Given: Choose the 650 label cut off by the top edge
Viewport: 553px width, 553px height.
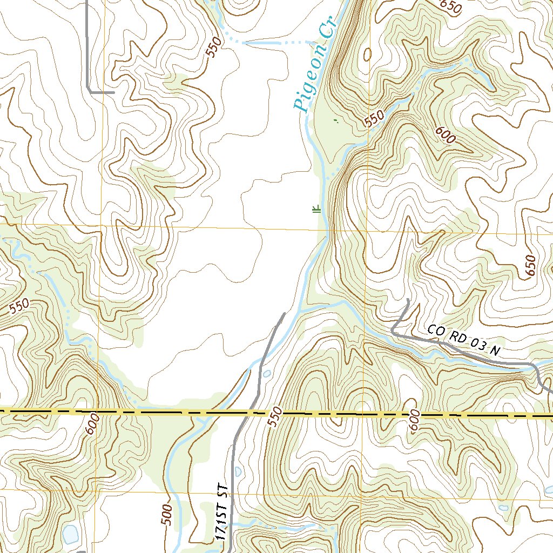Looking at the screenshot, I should [x=451, y=6].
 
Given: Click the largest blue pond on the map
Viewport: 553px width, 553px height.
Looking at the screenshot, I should [x=70, y=534].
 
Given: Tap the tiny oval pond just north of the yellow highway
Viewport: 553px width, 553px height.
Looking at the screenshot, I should [x=267, y=374].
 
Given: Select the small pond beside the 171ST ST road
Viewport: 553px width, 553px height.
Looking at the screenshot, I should [x=239, y=471].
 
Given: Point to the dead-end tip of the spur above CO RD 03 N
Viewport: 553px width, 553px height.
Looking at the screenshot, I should [x=408, y=300].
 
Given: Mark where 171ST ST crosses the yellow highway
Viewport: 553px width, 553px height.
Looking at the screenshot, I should [x=250, y=413].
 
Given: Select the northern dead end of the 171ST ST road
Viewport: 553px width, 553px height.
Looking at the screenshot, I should [x=284, y=313].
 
